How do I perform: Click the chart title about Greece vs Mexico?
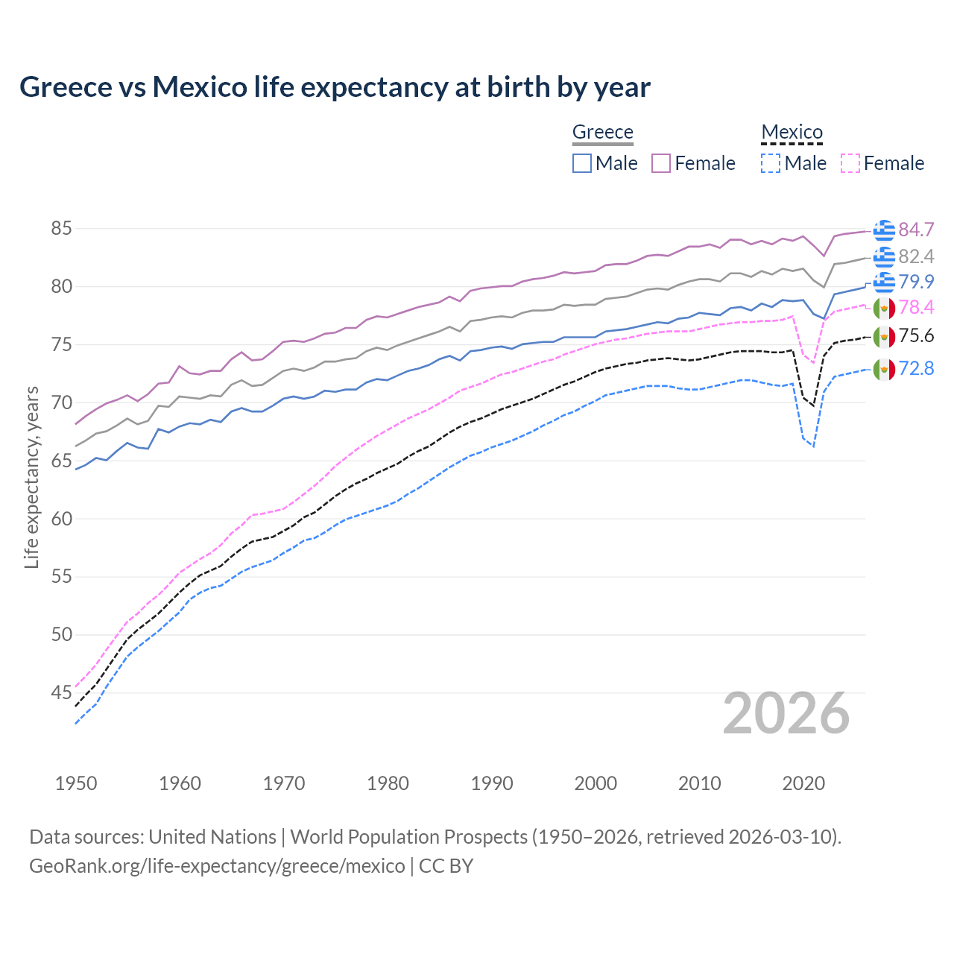coord(335,87)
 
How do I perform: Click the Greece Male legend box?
coord(582,163)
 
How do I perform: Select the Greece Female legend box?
coord(661,163)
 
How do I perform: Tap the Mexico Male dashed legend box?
coord(771,163)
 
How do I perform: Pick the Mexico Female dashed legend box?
coord(850,163)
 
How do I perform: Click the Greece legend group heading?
coord(602,132)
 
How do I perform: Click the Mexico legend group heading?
coord(792,132)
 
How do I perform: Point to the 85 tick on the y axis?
coord(61,229)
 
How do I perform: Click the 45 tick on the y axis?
coord(61,693)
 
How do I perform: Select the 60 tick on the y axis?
coord(61,519)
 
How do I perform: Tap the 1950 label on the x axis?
coord(76,783)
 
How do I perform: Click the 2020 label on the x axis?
coord(803,783)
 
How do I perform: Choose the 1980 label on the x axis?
coord(388,783)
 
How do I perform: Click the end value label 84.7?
coord(916,230)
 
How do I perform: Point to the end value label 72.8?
coord(916,368)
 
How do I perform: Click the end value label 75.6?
coord(916,336)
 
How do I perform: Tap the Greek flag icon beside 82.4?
coord(884,257)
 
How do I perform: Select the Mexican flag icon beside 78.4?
coord(884,307)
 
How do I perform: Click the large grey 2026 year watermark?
coord(786,713)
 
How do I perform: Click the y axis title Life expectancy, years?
coord(31,477)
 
